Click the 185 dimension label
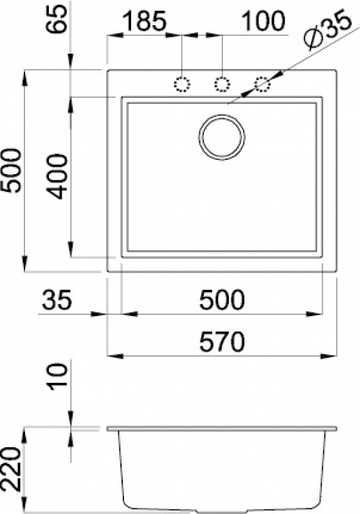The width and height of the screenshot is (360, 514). pos(145,21)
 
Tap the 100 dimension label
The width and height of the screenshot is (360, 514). pos(264,21)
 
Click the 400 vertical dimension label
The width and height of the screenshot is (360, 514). pos(57,177)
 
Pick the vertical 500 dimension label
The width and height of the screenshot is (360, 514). pos(10,170)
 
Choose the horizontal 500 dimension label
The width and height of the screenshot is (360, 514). pos(222,299)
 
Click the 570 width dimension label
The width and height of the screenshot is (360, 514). pos(222,341)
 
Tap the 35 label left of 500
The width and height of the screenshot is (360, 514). pos(57,299)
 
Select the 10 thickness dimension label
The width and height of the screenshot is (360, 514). pos(57,377)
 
